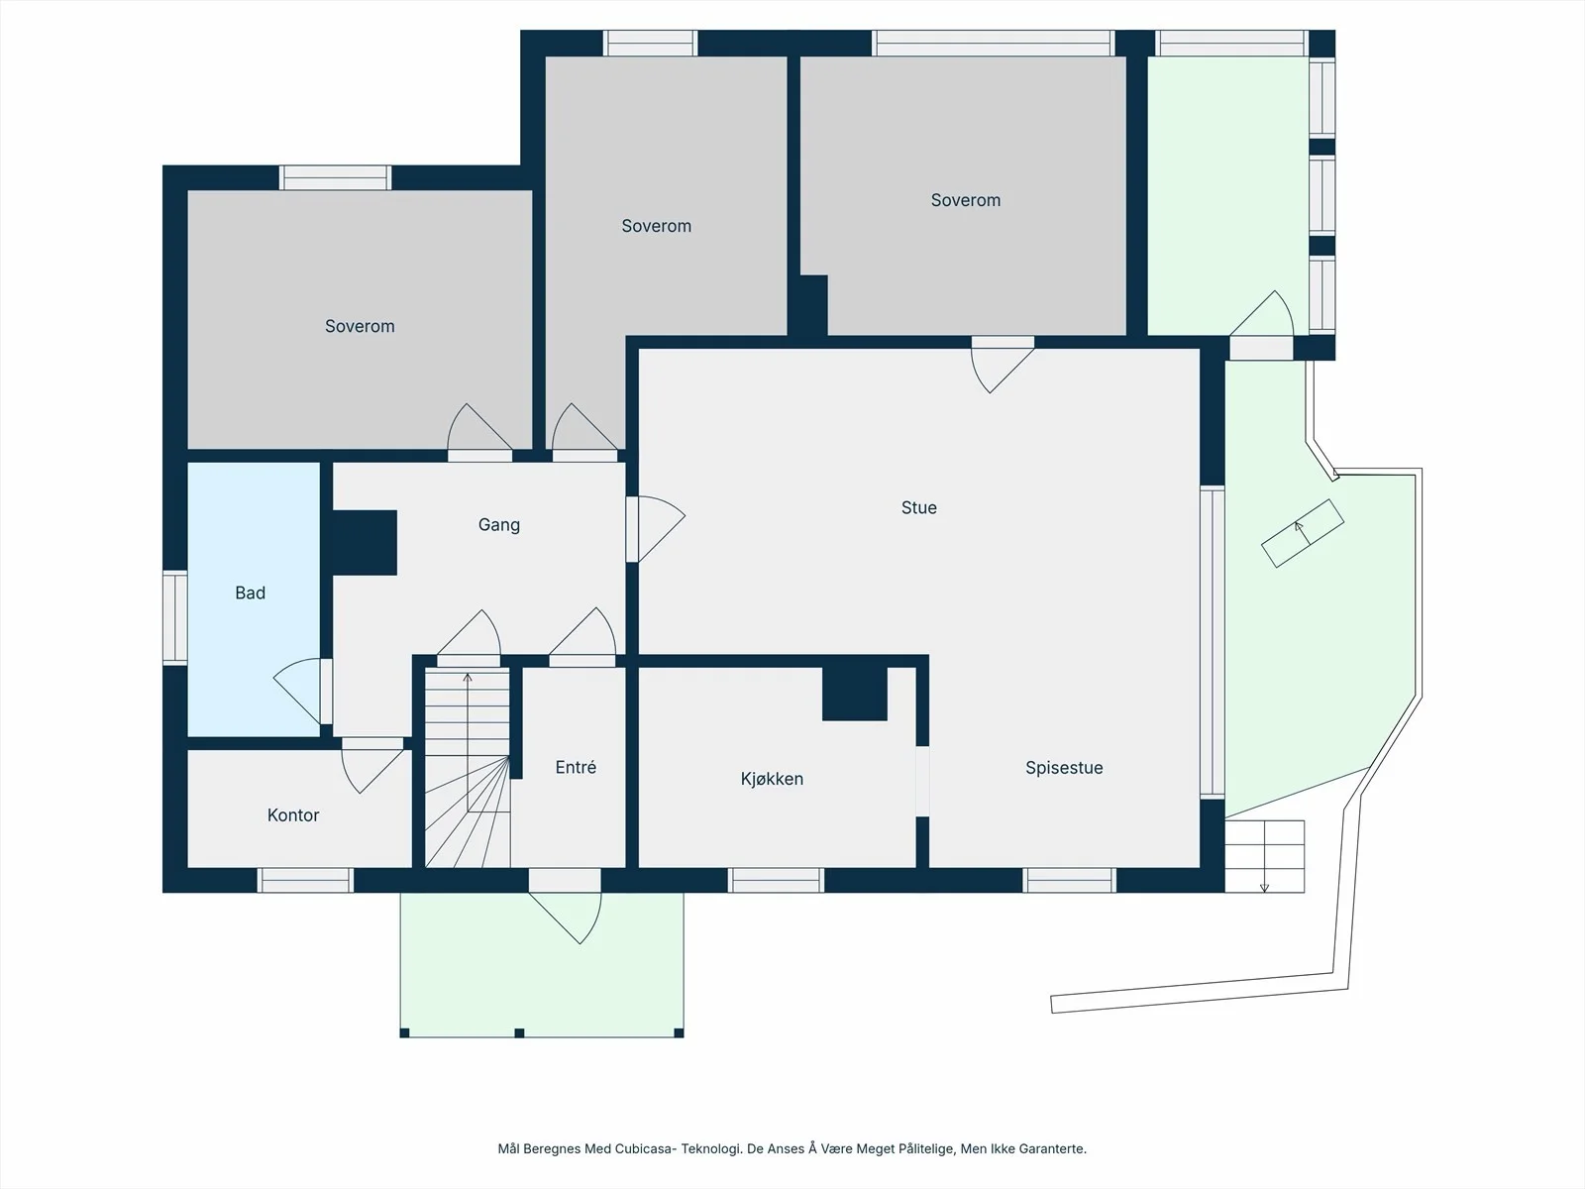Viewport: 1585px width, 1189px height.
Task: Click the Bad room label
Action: point(250,593)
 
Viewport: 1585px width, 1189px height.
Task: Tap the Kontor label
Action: point(292,815)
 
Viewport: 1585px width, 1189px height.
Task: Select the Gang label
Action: point(499,525)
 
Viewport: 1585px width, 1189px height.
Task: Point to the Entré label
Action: point(576,767)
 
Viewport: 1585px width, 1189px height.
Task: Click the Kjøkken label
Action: point(772,778)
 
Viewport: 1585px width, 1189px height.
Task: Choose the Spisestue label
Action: point(1064,767)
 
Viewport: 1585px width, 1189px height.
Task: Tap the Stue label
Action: point(918,507)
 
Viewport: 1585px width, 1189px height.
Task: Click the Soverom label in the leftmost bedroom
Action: point(360,326)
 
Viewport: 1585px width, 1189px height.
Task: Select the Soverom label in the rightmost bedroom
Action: point(966,200)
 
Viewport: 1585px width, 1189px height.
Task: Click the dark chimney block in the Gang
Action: point(364,543)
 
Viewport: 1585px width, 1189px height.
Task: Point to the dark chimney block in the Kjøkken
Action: point(855,694)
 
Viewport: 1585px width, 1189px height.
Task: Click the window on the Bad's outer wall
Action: point(174,617)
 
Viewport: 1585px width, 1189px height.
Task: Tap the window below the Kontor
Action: point(305,880)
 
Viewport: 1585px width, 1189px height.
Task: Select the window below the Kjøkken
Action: point(777,880)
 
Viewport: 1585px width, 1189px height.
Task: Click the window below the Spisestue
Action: point(1070,880)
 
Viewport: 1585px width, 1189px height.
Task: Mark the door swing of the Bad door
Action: point(297,691)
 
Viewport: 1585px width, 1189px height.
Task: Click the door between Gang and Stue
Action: point(656,528)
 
